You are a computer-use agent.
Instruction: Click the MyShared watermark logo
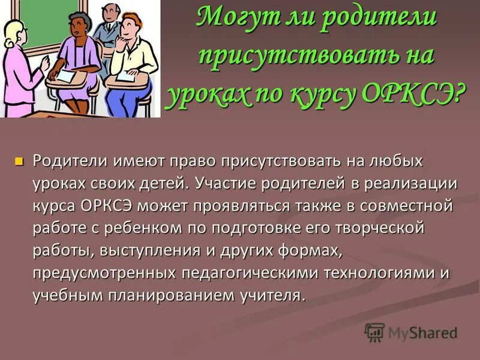tap(412, 332)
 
